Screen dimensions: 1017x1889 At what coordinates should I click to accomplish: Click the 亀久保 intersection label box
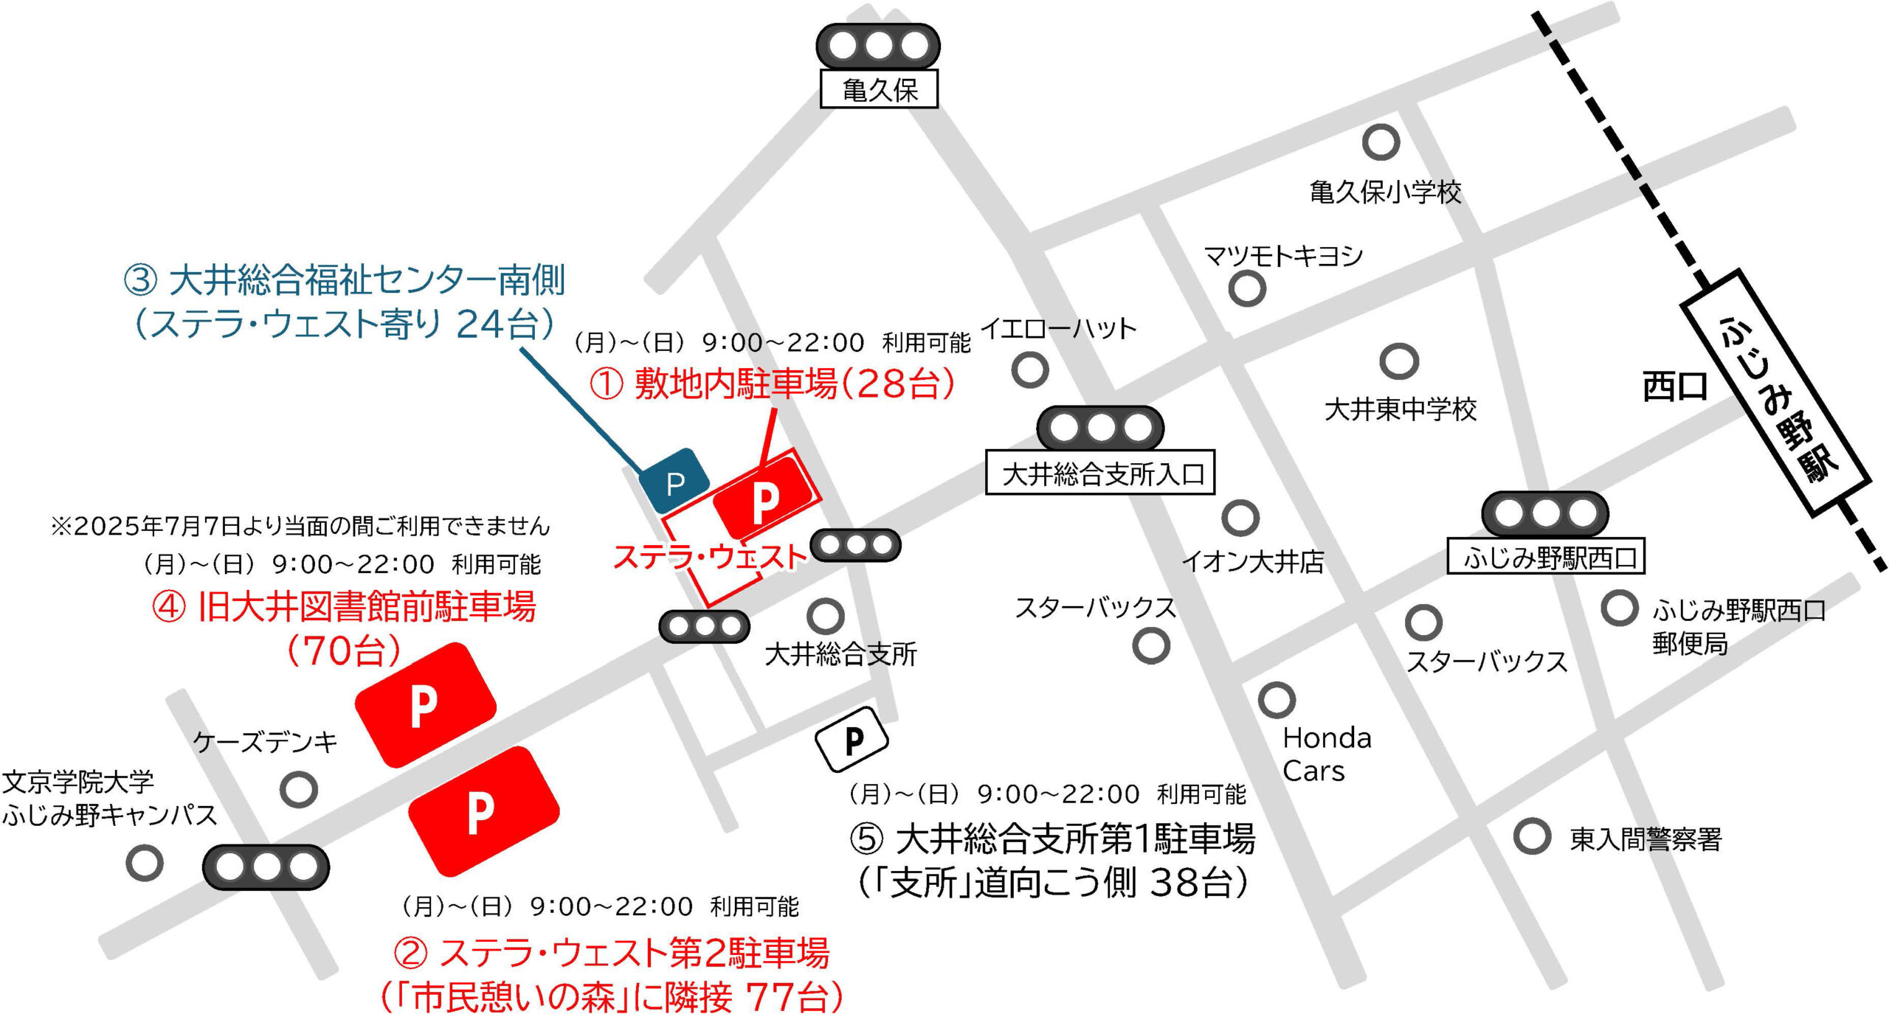(x=878, y=89)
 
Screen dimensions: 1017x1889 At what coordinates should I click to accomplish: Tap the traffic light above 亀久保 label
(x=878, y=46)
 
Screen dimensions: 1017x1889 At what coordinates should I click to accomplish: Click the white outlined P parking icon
(x=852, y=739)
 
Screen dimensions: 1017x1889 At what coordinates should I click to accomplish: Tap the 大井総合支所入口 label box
(x=1099, y=472)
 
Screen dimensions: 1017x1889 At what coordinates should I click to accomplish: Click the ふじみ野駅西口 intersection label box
(x=1546, y=556)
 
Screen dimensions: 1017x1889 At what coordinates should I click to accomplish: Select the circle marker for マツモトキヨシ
(x=1247, y=288)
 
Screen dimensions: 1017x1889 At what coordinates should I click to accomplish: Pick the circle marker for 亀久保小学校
(x=1381, y=142)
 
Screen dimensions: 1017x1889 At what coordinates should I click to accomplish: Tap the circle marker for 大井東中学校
(x=1399, y=361)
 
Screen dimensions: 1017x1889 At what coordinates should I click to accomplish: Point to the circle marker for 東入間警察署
(x=1532, y=836)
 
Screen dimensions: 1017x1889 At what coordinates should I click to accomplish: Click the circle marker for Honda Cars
(x=1277, y=699)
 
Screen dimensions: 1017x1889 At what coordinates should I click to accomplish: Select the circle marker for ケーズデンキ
(x=299, y=789)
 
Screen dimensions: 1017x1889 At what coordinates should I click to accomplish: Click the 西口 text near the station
(x=1674, y=386)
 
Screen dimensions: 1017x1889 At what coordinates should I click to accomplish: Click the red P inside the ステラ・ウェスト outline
(x=765, y=499)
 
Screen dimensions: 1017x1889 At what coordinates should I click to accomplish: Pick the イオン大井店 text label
(x=1252, y=562)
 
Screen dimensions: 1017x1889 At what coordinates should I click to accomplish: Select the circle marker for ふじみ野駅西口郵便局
(x=1619, y=608)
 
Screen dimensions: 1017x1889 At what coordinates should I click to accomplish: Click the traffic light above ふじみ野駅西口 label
(x=1544, y=513)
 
